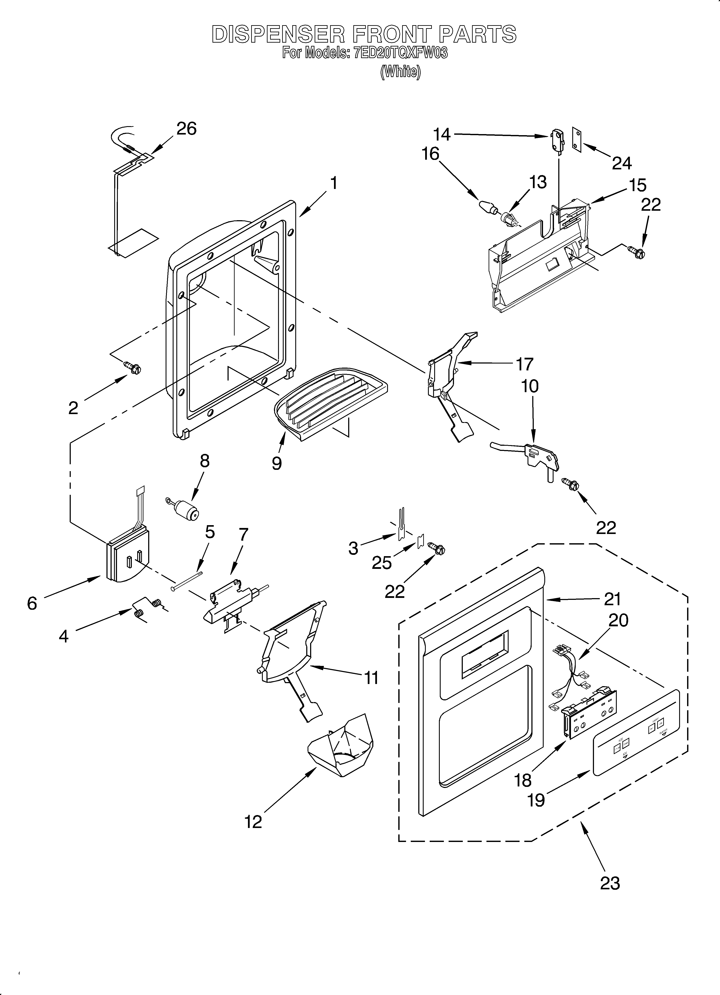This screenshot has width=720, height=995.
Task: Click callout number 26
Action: [x=186, y=128]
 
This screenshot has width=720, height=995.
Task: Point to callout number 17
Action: [x=524, y=364]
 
